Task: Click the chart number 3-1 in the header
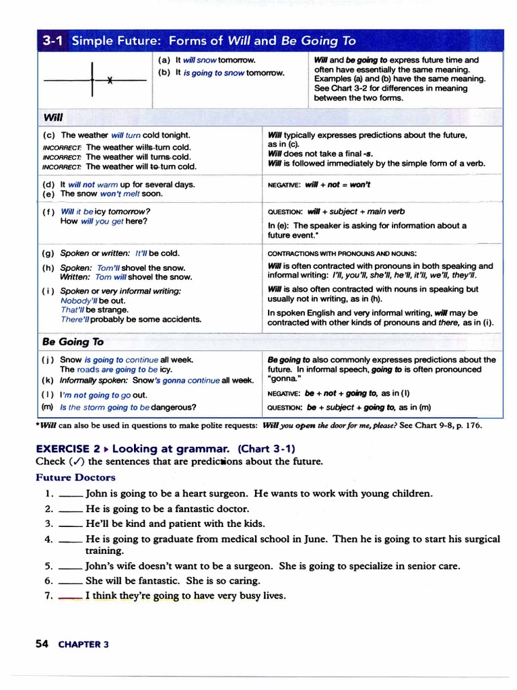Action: [x=53, y=41]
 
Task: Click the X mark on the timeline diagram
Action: [x=108, y=80]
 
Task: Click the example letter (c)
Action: [x=48, y=135]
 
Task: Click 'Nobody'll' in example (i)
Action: [x=79, y=301]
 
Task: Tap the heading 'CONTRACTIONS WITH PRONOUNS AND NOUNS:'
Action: [x=342, y=253]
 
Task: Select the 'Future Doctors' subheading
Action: [x=75, y=477]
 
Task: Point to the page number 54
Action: [x=42, y=644]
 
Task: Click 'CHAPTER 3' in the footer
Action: [x=83, y=644]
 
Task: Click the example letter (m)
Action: [x=47, y=407]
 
